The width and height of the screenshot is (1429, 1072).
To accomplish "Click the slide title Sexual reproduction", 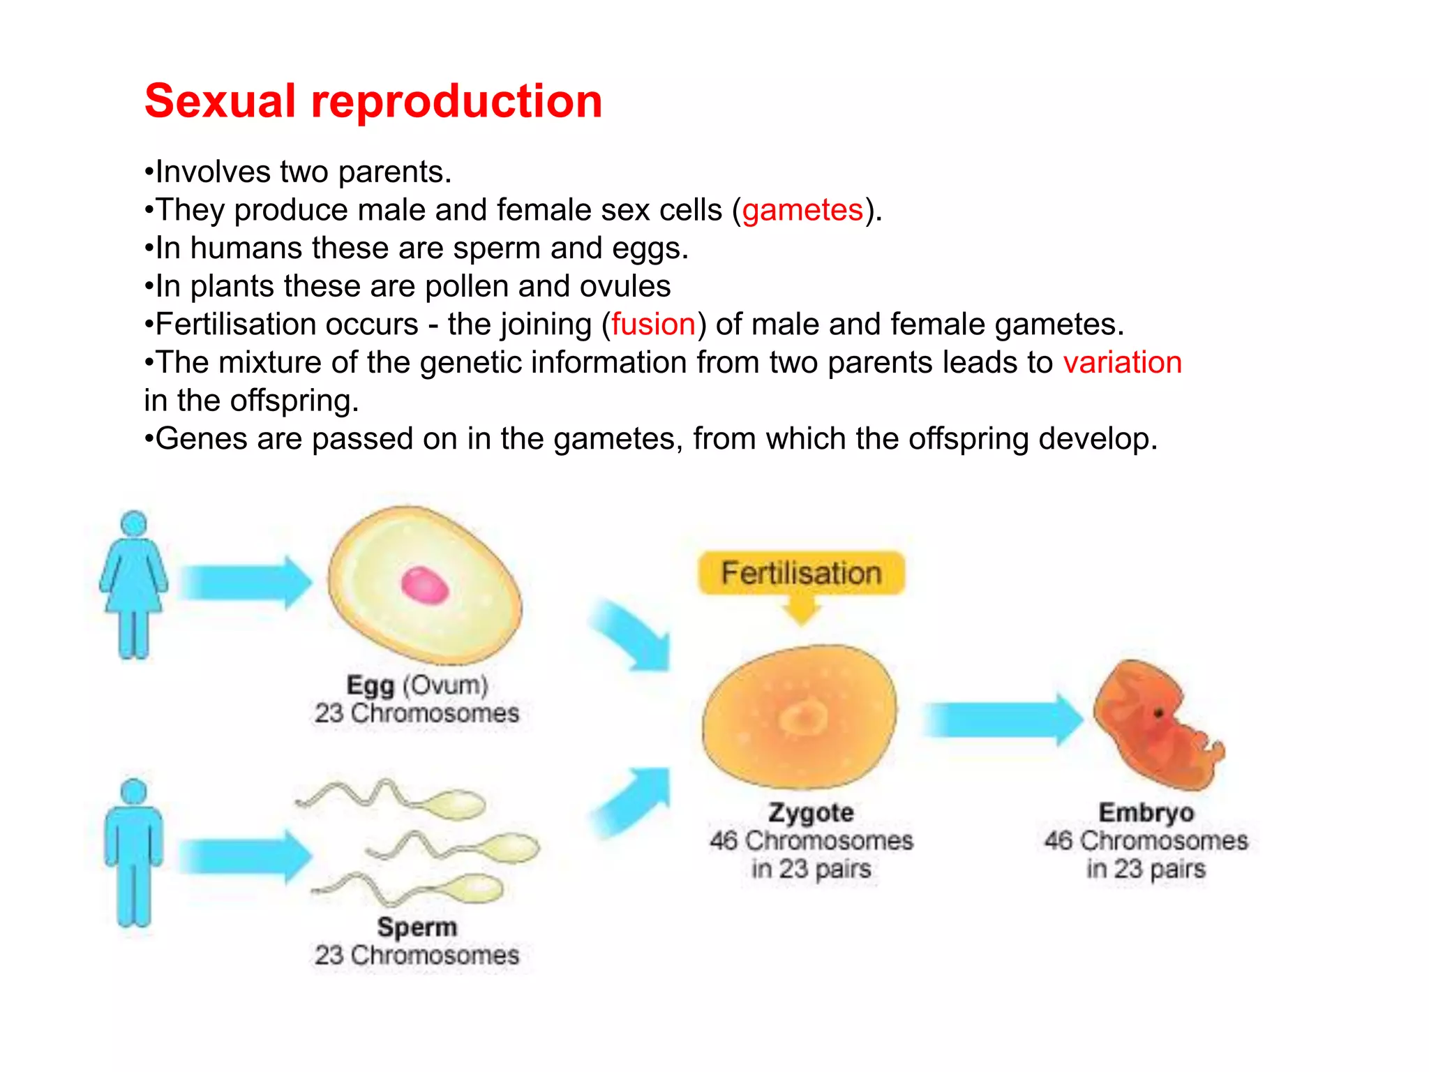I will pos(373,101).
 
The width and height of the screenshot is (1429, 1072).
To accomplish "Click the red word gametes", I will pos(802,210).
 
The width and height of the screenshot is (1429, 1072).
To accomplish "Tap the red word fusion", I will pos(653,325).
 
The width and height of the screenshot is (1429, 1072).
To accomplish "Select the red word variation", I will pos(1122,363).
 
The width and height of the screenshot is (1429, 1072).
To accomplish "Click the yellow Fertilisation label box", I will pos(801,573).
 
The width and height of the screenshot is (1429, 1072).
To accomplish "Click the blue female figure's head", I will pos(134,524).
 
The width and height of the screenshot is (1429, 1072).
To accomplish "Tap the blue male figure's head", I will pos(134,791).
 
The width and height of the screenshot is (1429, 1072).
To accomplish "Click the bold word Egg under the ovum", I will pos(371,685).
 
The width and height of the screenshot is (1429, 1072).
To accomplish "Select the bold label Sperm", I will pos(417,928).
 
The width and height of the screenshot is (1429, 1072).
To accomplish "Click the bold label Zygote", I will pos(811,813).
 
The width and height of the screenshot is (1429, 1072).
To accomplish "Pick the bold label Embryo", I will pos(1146,813).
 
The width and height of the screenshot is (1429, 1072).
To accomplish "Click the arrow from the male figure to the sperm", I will pos(244,857).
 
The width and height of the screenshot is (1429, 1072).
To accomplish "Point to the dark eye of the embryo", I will pos(1158,713).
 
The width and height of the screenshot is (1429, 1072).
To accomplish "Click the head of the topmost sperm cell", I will pos(457,805).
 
